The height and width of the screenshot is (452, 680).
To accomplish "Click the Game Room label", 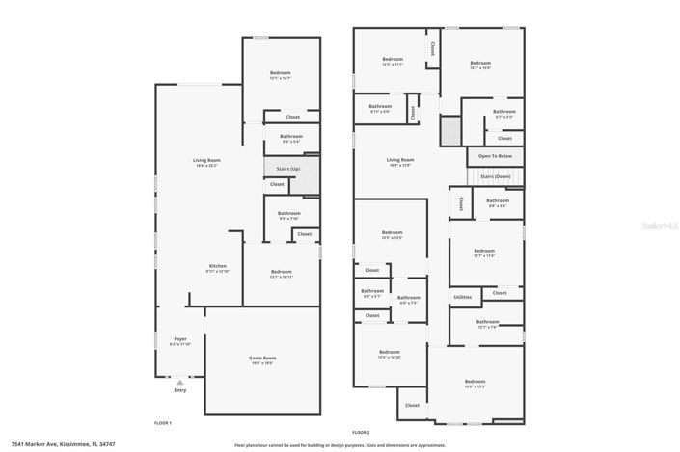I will coord(262,358).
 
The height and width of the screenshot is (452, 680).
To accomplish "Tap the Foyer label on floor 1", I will coord(180,339).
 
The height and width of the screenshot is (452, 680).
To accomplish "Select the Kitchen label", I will coord(218,266).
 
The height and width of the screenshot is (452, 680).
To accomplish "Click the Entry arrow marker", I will coord(179,383).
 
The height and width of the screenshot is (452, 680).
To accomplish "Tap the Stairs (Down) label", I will coord(494,177).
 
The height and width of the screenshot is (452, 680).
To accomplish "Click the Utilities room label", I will coord(462,297).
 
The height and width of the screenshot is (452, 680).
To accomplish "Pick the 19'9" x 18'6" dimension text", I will coord(262,362).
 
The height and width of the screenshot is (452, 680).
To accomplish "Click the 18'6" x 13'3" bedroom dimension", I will coord(475,386).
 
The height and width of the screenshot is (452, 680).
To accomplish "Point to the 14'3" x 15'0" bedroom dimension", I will coord(480,68).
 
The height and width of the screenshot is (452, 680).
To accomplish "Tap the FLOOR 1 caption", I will coord(163,423).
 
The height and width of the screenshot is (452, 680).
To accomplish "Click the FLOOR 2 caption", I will coord(361,432).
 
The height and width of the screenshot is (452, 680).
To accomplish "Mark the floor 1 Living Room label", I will coord(206,160).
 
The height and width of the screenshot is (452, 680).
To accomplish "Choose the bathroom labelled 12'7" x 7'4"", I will coord(487,327).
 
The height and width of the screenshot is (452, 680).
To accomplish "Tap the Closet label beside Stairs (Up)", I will coord(277,183).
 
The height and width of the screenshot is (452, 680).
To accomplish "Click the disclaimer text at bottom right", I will coord(340,445).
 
